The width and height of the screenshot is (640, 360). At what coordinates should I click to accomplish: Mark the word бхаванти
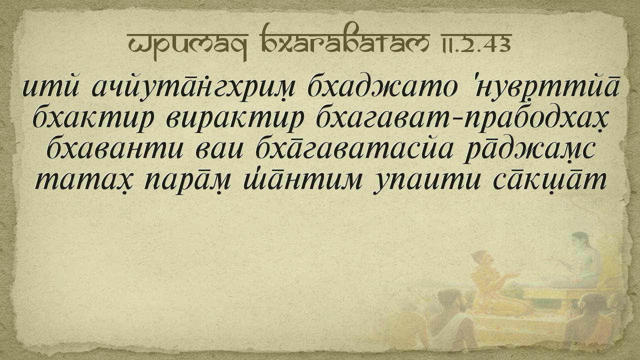115,150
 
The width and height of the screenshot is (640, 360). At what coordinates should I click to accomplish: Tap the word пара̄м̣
187,181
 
